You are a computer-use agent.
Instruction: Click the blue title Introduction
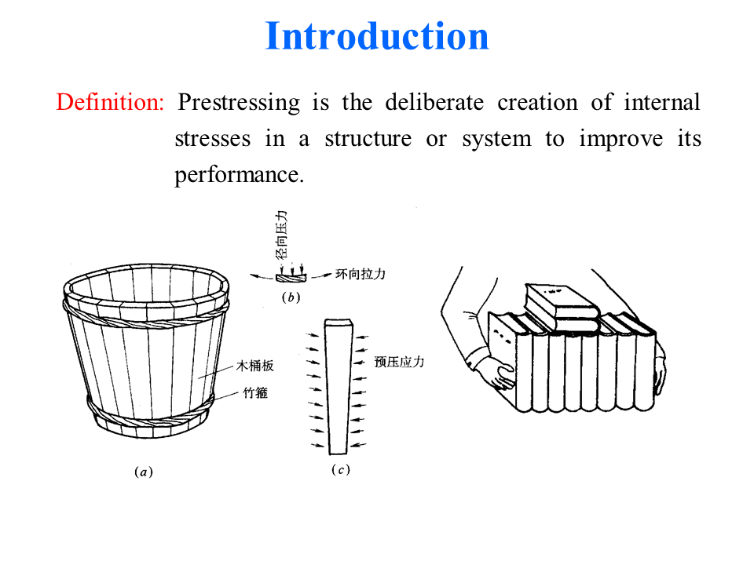(377, 36)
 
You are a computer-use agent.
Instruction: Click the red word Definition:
(110, 102)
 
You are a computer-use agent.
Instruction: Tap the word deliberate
(434, 102)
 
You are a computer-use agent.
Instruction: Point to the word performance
(239, 175)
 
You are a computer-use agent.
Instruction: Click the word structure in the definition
(368, 140)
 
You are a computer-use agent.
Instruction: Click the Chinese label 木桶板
(254, 366)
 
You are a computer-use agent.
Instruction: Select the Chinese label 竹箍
(255, 393)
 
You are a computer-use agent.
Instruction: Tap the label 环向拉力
(361, 275)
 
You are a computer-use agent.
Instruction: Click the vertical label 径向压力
(282, 235)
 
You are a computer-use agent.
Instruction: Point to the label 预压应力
(399, 362)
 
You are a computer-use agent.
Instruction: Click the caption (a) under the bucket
(143, 472)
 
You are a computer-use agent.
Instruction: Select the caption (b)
(291, 297)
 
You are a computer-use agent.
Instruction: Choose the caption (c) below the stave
(340, 469)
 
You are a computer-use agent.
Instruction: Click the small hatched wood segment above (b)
(291, 278)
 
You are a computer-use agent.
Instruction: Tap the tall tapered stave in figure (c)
(339, 387)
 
